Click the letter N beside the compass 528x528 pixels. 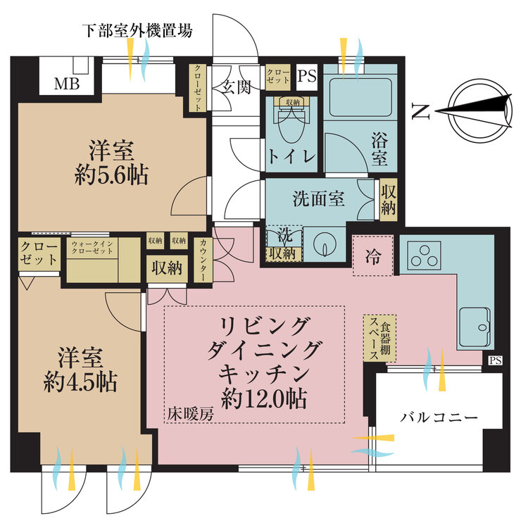click(420, 111)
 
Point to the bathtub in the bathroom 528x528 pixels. click(361, 96)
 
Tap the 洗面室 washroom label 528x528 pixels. click(318, 199)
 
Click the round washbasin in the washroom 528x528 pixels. click(325, 244)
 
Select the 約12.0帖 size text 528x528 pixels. click(263, 398)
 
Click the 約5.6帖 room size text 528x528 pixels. click(111, 175)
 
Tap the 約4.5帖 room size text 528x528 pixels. click(79, 382)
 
